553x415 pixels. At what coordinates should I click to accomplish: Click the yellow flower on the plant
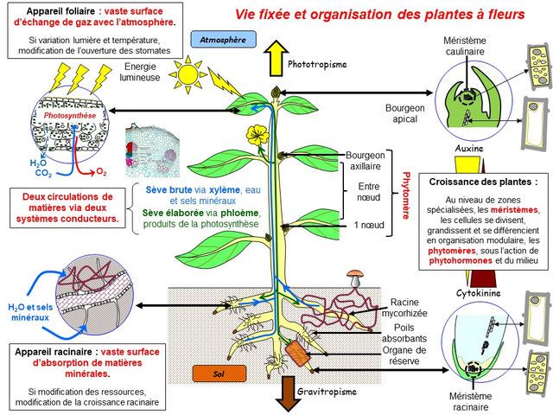pyautogui.click(x=255, y=135)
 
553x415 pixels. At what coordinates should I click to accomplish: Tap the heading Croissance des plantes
pyautogui.click(x=480, y=182)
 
